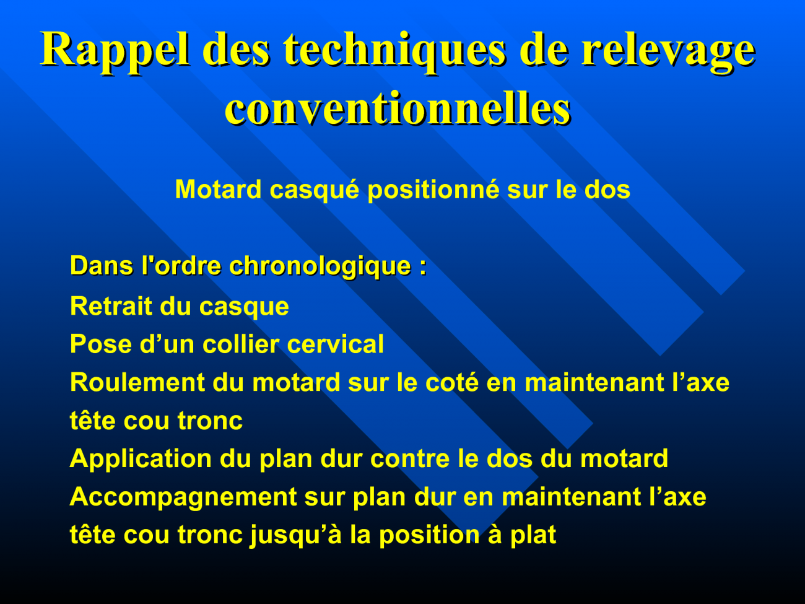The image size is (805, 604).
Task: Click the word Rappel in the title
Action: coord(115,51)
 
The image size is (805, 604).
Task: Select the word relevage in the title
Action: coord(668,51)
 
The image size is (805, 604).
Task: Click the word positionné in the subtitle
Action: coord(433,190)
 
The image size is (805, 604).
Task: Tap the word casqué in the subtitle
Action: coord(315,190)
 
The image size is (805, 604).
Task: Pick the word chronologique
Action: coord(320,266)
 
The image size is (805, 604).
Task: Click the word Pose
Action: coord(101,344)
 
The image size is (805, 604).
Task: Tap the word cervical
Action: coord(336,344)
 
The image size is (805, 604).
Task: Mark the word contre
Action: coord(410,459)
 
